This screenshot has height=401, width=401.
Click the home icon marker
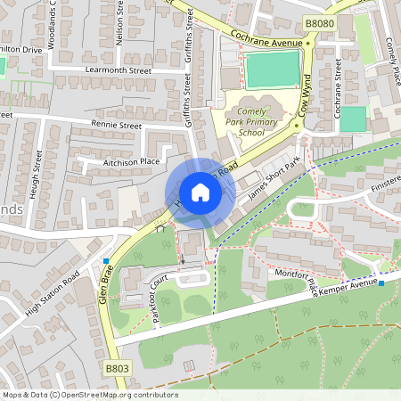tap(200, 192)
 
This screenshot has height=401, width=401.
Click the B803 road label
tap(117, 366)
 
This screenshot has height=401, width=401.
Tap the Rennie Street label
tap(116, 127)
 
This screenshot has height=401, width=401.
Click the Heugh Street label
tap(37, 173)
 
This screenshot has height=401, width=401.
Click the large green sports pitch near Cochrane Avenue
tap(272, 69)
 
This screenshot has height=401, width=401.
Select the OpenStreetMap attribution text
tap(89, 395)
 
